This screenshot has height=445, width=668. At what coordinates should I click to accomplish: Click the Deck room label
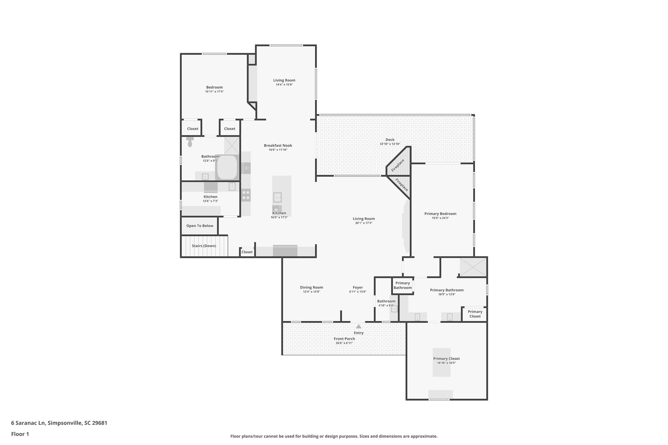tap(390, 140)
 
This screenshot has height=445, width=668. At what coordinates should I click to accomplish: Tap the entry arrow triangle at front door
tap(358, 326)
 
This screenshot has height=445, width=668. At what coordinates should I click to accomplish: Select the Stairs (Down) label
tap(204, 246)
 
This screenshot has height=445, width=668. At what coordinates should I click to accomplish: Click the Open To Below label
tap(200, 226)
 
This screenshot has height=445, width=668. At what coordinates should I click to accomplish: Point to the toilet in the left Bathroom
tap(190, 142)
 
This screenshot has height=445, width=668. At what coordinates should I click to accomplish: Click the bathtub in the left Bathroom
tap(227, 167)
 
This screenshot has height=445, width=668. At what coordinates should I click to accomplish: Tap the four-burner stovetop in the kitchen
tap(246, 195)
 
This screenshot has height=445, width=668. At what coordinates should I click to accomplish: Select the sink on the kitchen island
tap(277, 198)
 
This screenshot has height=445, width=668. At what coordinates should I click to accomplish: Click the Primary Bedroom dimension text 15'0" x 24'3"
tap(440, 218)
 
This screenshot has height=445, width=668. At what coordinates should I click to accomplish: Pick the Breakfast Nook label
tap(278, 146)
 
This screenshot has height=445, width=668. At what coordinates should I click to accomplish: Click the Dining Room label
tap(311, 288)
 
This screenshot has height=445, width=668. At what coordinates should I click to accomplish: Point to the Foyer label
tap(358, 288)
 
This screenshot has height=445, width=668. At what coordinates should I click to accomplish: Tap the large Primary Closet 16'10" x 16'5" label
tap(447, 359)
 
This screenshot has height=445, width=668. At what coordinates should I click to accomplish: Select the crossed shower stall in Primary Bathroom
tap(473, 267)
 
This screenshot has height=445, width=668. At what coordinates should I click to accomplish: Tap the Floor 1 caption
tap(20, 434)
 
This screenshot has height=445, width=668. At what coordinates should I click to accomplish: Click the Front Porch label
tap(344, 339)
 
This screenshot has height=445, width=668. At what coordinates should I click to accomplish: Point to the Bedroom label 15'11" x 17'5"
tap(214, 87)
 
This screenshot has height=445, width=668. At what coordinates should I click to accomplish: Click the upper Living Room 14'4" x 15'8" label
tap(284, 81)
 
